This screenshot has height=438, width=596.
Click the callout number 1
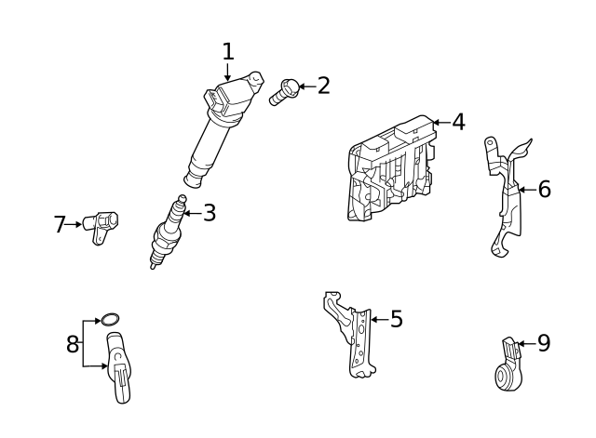click(228, 51)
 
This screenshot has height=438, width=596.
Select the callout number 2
click(323, 86)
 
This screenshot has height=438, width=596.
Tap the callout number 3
click(210, 213)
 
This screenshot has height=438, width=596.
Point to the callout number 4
click(457, 122)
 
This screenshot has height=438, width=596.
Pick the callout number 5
click(396, 320)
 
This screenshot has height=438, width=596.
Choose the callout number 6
click(544, 190)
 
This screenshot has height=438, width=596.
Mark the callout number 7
click(61, 224)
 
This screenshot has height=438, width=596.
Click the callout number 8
click(73, 344)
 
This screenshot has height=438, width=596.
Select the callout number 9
click(544, 343)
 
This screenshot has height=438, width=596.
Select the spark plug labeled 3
click(168, 232)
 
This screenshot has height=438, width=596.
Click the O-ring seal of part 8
click(110, 321)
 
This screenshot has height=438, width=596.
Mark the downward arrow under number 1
click(228, 73)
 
